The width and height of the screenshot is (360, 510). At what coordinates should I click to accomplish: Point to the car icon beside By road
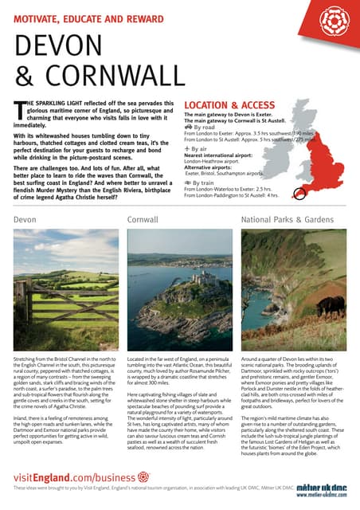pos(188,127)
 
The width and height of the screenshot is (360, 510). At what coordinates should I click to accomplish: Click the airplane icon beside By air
pos(187,149)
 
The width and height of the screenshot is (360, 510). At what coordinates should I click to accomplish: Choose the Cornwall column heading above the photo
pos(143,218)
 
